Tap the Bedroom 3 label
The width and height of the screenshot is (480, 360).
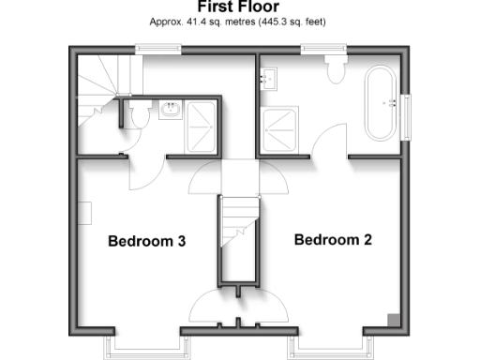(147, 241)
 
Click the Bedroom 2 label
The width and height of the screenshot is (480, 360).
(333, 240)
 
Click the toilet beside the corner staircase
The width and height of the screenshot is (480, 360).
(135, 115)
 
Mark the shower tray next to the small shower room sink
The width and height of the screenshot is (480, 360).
(202, 122)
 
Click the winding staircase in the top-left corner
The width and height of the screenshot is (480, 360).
(96, 84)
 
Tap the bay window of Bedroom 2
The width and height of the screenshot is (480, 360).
(333, 347)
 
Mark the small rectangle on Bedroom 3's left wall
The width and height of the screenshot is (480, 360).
(85, 214)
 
